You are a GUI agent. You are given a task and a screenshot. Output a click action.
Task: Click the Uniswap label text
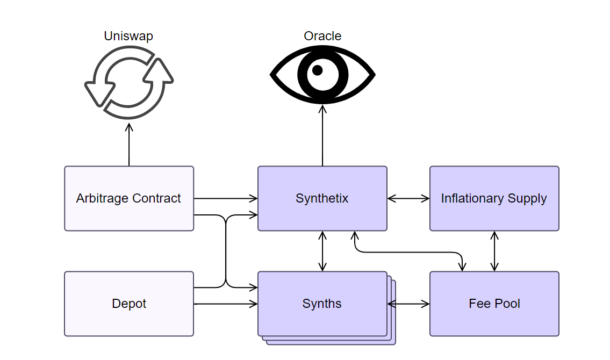[x=128, y=36]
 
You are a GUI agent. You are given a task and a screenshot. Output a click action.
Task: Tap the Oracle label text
[x=322, y=36]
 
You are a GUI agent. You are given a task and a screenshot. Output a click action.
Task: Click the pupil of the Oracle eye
[x=318, y=70]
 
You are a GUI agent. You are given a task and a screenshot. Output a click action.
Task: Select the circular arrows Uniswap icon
[x=129, y=82]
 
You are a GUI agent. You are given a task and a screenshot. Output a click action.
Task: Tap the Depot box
[x=129, y=304]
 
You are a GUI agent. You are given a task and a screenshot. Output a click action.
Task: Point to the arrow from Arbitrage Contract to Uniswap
[x=129, y=145]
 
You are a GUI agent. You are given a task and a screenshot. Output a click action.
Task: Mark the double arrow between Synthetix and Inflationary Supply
[x=408, y=198]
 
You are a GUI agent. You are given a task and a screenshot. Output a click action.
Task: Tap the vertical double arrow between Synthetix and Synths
[x=322, y=251]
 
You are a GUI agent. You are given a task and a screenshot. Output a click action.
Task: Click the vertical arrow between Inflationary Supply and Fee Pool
[x=494, y=251]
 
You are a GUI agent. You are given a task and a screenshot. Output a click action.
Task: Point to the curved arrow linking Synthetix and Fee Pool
[x=408, y=252]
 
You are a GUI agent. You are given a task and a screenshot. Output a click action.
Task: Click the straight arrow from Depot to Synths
[x=226, y=304]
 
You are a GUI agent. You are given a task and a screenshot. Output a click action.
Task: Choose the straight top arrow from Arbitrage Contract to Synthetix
[x=226, y=198]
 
